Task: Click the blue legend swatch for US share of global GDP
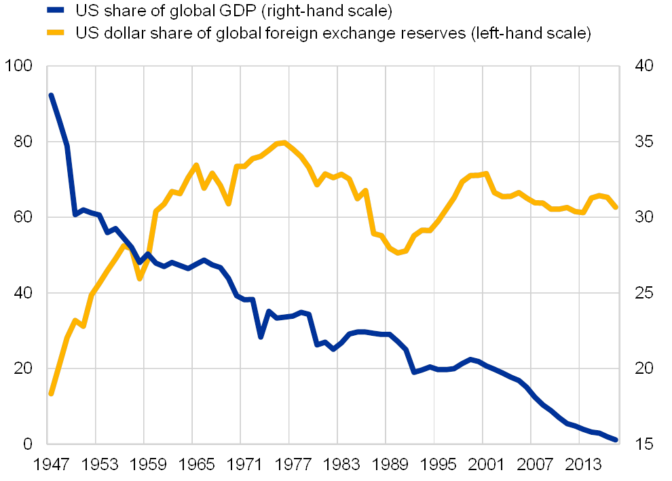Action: [56, 11]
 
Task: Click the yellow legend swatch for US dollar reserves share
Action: [56, 33]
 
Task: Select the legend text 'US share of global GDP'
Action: [235, 11]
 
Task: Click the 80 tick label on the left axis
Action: [22, 142]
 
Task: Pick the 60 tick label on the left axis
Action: [22, 217]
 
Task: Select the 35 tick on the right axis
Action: [643, 142]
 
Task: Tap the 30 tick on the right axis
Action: [643, 217]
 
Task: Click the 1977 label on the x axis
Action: [290, 465]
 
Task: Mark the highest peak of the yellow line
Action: [282, 142]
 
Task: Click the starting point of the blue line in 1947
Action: [50, 94]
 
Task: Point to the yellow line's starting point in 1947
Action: [50, 393]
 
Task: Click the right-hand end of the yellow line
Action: [616, 208]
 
